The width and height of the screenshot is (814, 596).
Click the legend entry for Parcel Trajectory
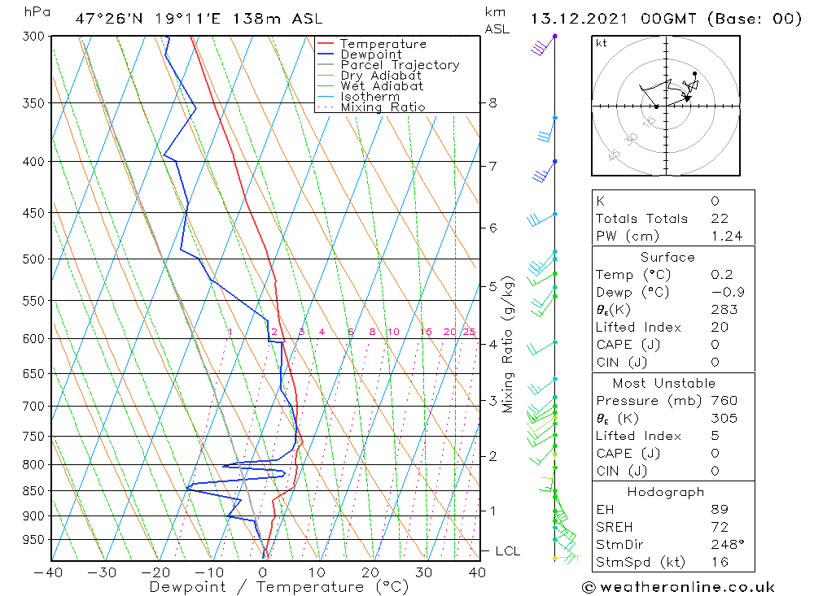[399, 65]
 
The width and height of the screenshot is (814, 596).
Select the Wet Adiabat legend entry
[381, 86]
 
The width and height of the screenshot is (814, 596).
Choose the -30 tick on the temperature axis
[102, 572]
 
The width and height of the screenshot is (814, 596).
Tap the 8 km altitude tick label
[492, 103]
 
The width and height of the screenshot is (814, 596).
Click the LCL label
[507, 551]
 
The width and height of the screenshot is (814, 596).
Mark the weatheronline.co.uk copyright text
[678, 587]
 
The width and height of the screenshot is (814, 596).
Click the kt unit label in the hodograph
[602, 43]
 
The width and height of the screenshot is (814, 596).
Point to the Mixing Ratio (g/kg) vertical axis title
[509, 344]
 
